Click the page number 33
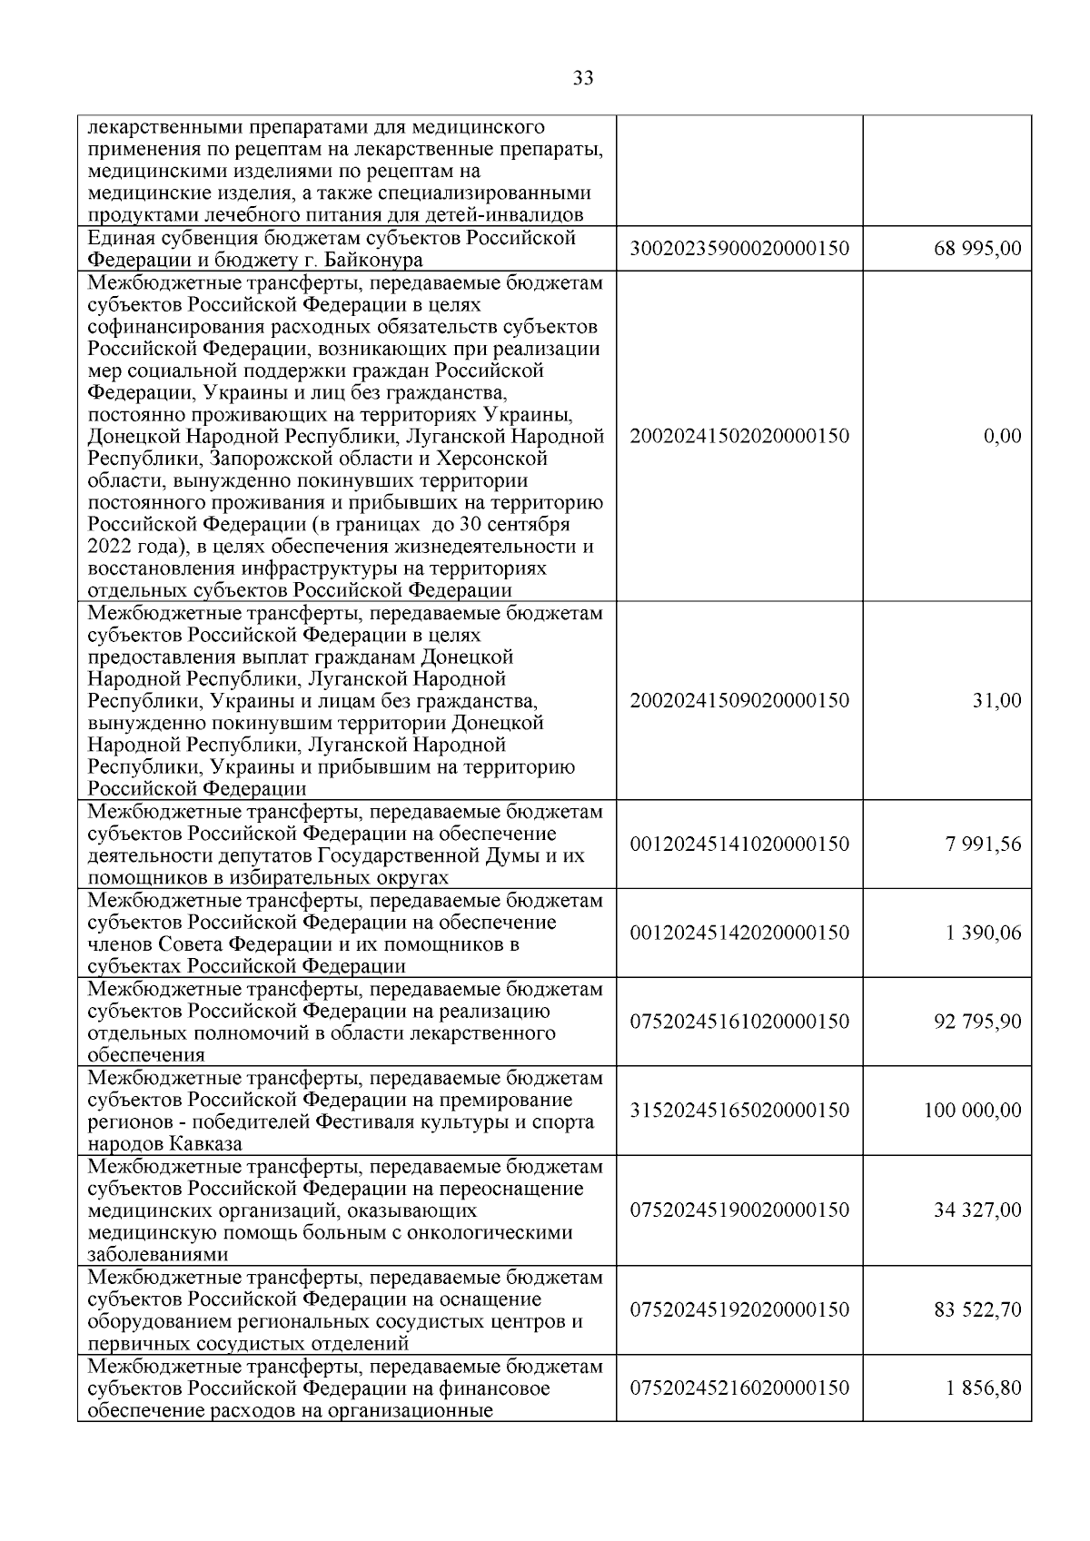coord(584,79)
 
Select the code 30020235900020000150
coord(739,250)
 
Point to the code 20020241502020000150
coord(739,437)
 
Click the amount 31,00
coord(997,701)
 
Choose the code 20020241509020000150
coord(739,701)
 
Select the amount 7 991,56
coord(984,845)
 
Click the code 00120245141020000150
coord(739,845)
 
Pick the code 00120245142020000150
coord(739,933)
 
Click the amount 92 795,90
coord(977,1022)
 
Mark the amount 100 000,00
coord(973,1111)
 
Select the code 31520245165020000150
coord(739,1111)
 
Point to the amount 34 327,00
coord(977,1210)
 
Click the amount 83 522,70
coord(977,1310)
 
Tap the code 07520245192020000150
coord(739,1310)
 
